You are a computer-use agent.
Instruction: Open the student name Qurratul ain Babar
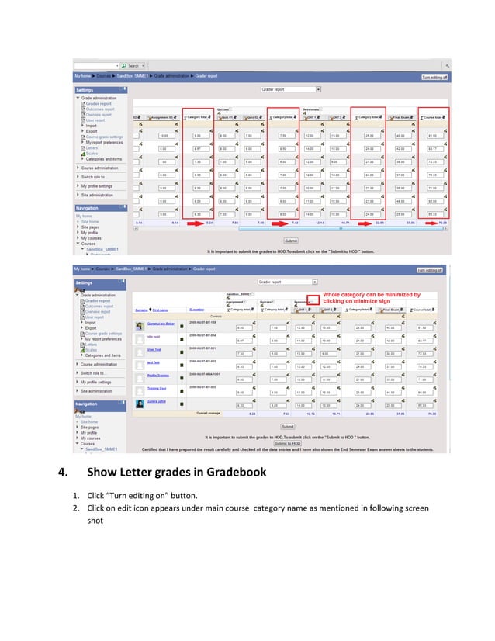(x=160, y=324)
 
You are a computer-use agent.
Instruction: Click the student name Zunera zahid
(x=157, y=401)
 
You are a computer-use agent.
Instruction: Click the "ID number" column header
(x=196, y=309)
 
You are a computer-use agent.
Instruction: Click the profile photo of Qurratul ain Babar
(x=139, y=326)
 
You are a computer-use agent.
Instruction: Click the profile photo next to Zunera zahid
(x=139, y=404)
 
